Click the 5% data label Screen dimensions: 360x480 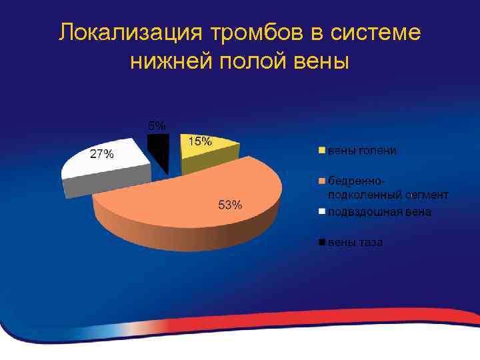157,125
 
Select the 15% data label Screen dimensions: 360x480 200,141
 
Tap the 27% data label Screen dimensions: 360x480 101,155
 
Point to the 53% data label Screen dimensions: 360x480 231,205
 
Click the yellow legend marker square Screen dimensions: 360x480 321,150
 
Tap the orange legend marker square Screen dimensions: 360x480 321,180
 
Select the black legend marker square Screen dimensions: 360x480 321,243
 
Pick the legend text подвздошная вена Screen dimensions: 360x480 379,212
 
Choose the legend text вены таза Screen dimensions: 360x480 355,243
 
